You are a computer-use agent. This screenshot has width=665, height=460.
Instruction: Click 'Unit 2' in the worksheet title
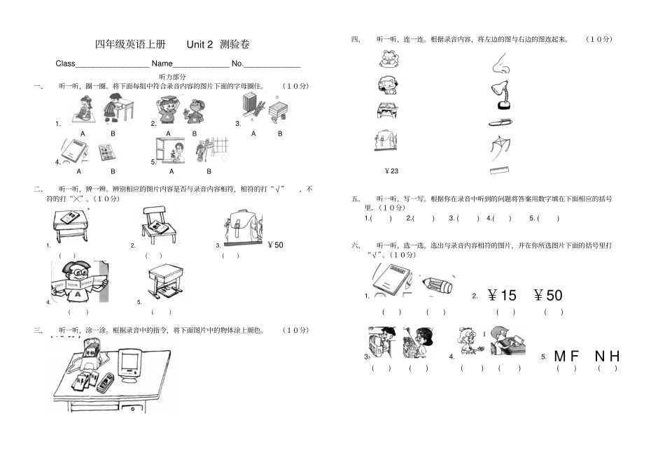point(199,44)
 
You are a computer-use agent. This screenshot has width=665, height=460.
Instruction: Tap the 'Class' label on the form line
point(65,64)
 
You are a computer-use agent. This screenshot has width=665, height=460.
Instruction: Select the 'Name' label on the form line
point(162,64)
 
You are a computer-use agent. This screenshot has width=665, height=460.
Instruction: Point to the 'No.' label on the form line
point(237,64)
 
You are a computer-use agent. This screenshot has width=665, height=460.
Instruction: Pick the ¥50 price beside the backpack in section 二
point(275,245)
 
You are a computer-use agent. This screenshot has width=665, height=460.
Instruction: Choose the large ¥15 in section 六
point(502,296)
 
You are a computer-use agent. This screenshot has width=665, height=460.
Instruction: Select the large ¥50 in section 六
point(547,296)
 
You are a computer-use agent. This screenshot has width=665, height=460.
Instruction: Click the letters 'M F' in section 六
point(566,357)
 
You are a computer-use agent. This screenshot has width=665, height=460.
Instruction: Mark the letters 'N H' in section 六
point(607,357)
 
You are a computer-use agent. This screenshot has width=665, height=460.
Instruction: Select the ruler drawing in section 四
point(500,170)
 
